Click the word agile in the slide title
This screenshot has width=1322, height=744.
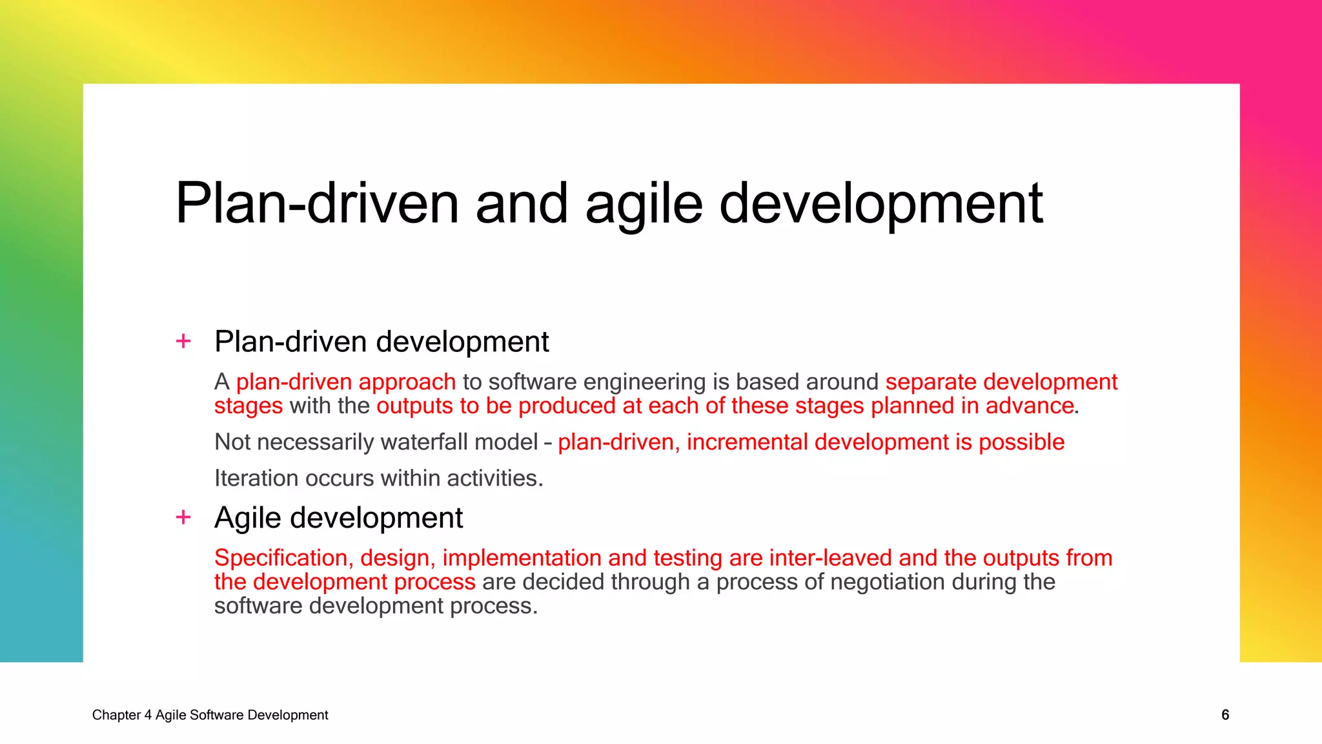tap(644, 205)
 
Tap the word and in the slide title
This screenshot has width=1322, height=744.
tap(522, 204)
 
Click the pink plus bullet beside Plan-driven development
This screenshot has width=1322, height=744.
tap(183, 341)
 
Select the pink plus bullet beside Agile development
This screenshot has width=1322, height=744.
tap(183, 517)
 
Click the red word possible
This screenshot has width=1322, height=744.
tap(1021, 443)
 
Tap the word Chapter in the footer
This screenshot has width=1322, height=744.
tap(116, 715)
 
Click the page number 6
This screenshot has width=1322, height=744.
tap(1225, 715)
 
